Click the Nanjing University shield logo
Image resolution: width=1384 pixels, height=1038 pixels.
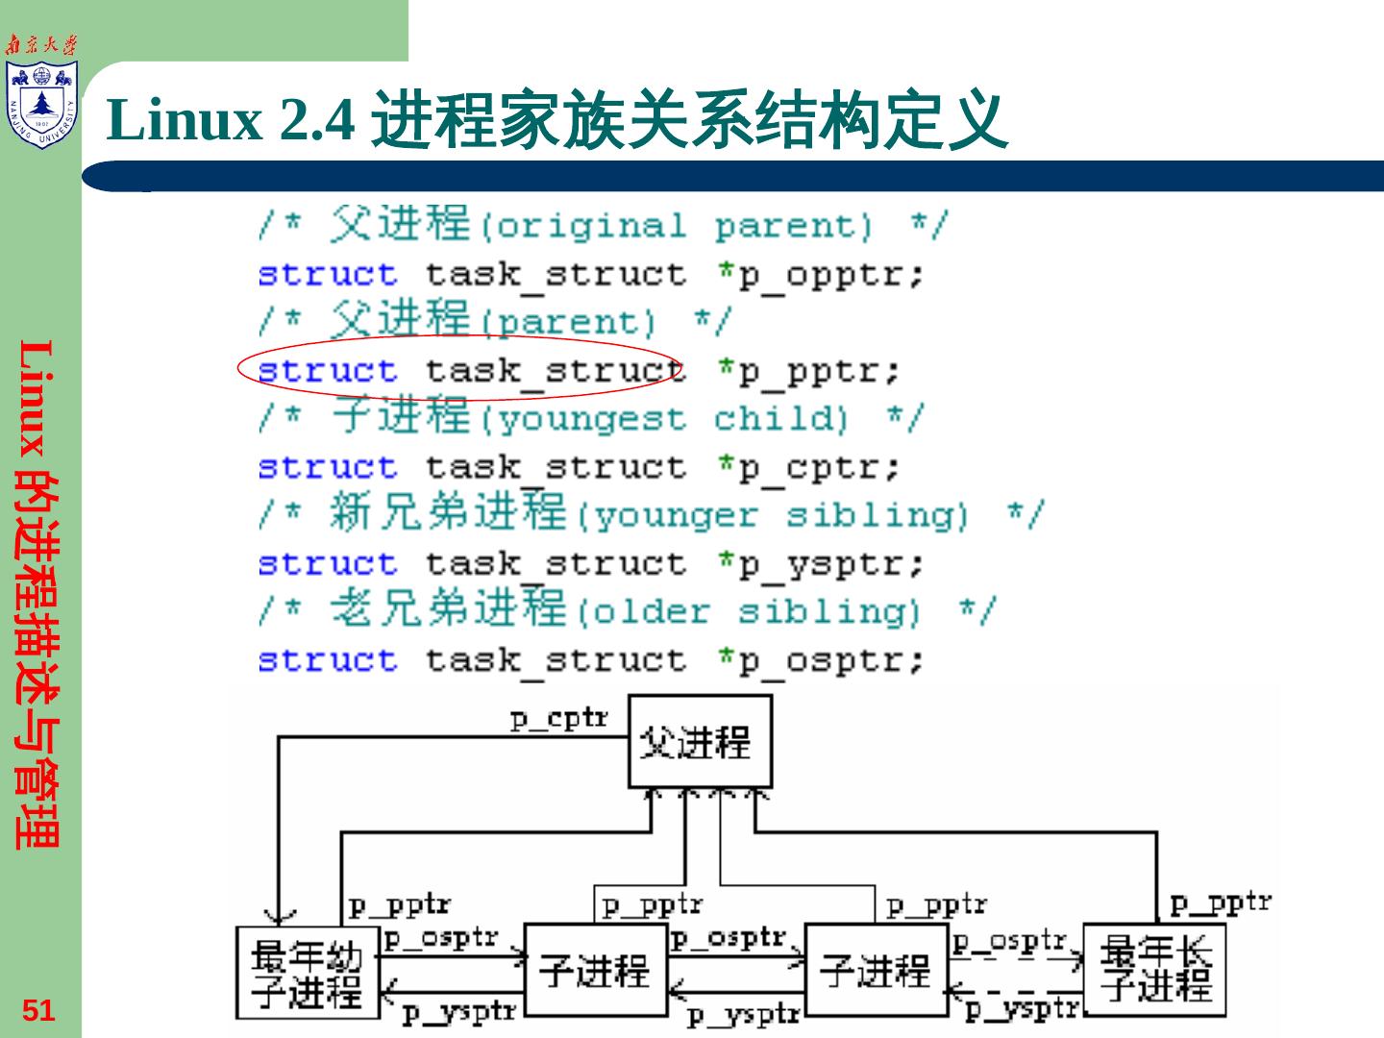[41, 104]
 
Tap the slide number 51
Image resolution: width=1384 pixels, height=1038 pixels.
[38, 1010]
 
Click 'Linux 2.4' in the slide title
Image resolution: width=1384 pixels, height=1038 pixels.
[231, 120]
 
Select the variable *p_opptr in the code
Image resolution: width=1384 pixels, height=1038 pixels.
[822, 275]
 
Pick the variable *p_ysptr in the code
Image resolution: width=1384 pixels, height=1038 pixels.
[822, 564]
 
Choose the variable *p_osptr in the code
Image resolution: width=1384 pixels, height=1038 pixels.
[822, 660]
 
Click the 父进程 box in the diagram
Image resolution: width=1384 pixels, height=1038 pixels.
[700, 741]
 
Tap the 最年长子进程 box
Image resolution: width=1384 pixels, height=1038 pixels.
[1155, 970]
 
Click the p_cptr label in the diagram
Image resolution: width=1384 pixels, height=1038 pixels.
[558, 718]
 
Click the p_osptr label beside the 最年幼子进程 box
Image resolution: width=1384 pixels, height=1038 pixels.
[441, 938]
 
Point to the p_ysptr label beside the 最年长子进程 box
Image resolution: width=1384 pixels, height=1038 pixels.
[1022, 1008]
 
